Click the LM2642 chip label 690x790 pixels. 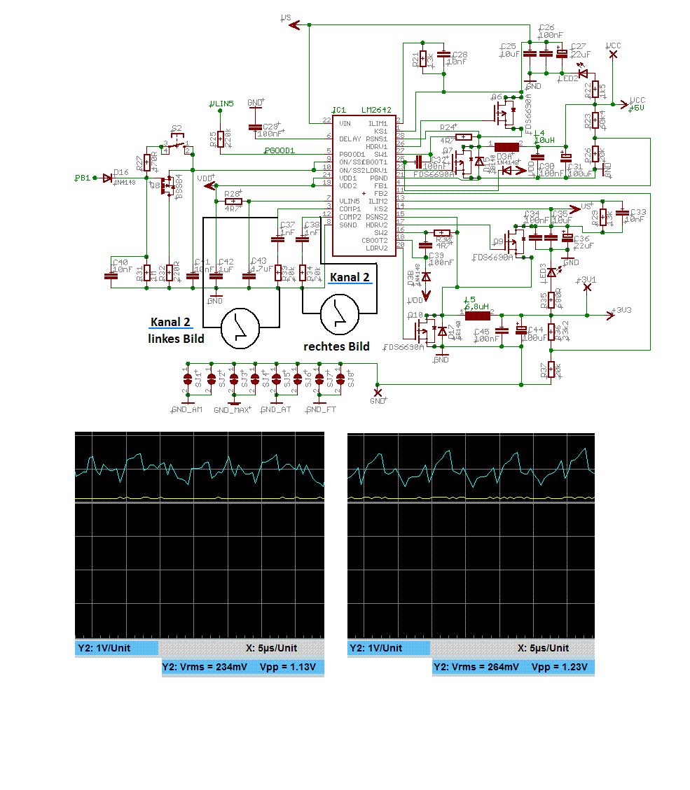coord(375,111)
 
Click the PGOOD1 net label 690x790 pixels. coord(280,150)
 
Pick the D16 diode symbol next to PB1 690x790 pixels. coord(107,178)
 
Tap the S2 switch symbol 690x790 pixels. coord(177,145)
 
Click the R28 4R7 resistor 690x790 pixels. coord(233,201)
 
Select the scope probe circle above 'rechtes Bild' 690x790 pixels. coord(340,314)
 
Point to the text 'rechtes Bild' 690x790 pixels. coord(336,346)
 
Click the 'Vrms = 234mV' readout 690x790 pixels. coord(215,667)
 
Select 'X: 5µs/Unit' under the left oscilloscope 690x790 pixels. coord(271,648)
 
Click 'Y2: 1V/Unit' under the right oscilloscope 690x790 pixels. coord(376,648)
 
